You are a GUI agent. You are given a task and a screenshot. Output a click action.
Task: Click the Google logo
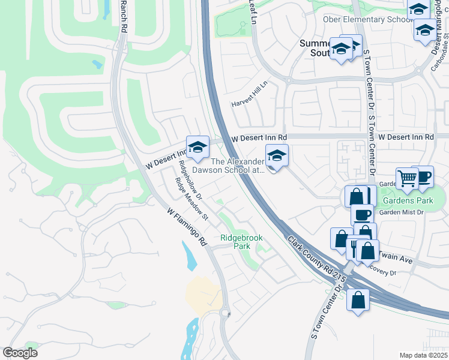point(20,353)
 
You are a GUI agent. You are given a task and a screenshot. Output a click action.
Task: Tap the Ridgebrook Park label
point(241,242)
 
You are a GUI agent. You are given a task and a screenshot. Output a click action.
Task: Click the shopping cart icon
point(408,178)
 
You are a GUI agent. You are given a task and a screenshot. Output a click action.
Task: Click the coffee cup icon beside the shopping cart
point(422,176)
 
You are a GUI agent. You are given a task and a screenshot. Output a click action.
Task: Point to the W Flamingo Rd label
point(187,226)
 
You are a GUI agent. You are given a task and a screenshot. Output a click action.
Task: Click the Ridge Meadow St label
point(191,199)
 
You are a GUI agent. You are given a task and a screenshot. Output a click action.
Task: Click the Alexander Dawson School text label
point(237,166)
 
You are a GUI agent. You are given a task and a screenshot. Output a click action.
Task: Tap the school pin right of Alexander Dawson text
point(277,157)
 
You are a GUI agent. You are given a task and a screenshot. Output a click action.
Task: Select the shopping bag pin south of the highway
point(358,299)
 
